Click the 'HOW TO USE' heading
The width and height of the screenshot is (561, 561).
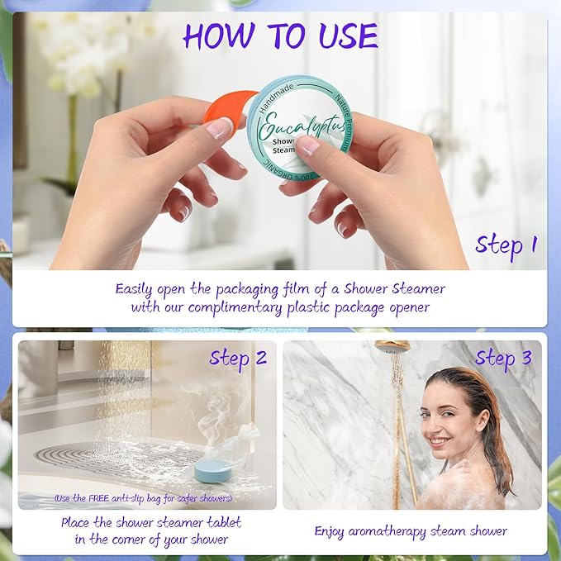pos(280,36)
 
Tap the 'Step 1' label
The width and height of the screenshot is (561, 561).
pos(506,245)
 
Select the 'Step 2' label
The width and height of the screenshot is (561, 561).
pos(238,358)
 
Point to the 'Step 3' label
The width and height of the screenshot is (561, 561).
pos(503,358)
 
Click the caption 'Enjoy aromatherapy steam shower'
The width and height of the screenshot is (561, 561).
pos(411,530)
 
